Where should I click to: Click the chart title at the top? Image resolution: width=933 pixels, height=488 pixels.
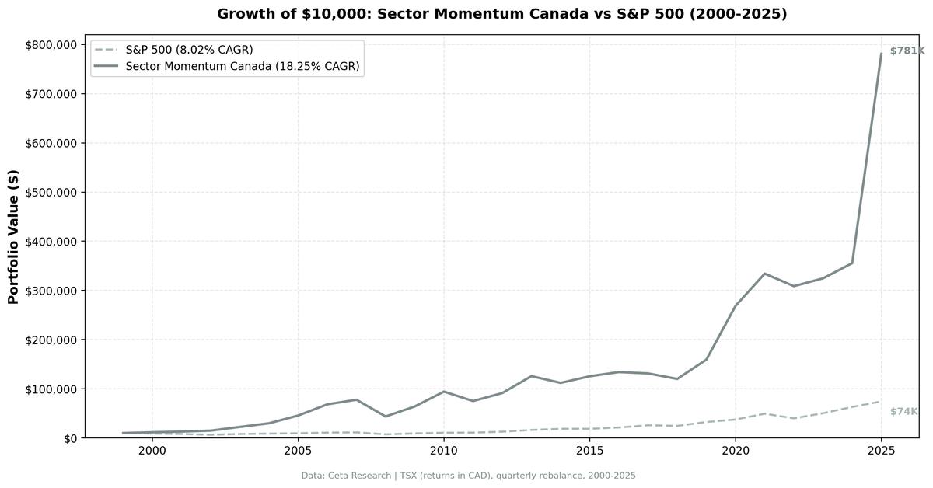[x=501, y=14]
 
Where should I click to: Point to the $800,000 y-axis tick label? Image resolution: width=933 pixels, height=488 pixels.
[x=51, y=45]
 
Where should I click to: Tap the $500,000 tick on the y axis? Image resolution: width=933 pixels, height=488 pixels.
[x=51, y=193]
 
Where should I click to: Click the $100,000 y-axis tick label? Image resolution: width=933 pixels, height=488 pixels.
[x=51, y=389]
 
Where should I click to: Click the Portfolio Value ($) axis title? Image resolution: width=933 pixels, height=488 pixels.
[x=13, y=236]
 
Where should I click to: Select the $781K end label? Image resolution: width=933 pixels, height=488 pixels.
[x=907, y=51]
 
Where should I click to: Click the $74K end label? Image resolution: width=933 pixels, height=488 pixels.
[x=903, y=412]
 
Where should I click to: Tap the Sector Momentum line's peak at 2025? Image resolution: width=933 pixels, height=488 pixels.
[x=881, y=54]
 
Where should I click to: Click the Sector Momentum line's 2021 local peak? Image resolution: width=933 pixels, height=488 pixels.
[x=764, y=274]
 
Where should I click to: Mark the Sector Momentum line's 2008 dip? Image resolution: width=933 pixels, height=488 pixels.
[x=385, y=417]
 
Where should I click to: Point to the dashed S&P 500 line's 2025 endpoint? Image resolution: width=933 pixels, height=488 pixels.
[x=881, y=402]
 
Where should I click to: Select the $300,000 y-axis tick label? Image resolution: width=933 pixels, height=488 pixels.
[x=51, y=291]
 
